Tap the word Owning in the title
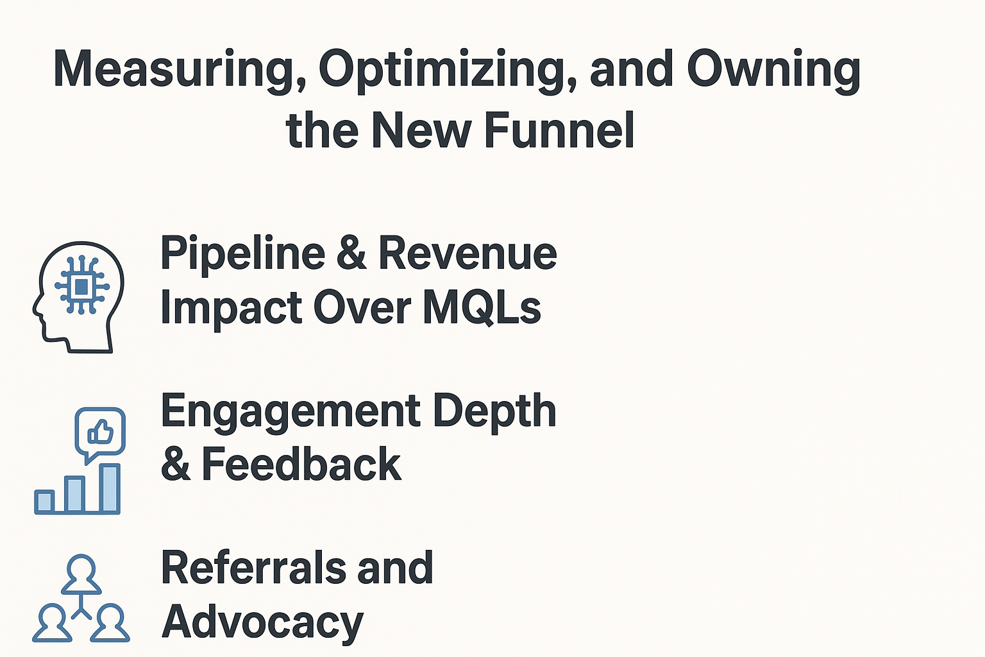[x=773, y=71]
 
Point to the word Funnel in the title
[x=559, y=130]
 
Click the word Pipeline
[x=243, y=255]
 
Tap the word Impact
[x=232, y=309]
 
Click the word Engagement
[x=290, y=413]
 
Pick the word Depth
[x=494, y=413]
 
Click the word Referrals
[x=254, y=568]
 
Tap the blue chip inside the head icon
[x=82, y=287]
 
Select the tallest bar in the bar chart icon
[x=110, y=488]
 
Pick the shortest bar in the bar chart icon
[x=44, y=502]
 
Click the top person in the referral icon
[x=81, y=574]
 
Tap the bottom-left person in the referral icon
[x=52, y=623]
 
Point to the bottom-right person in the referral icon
[x=110, y=623]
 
